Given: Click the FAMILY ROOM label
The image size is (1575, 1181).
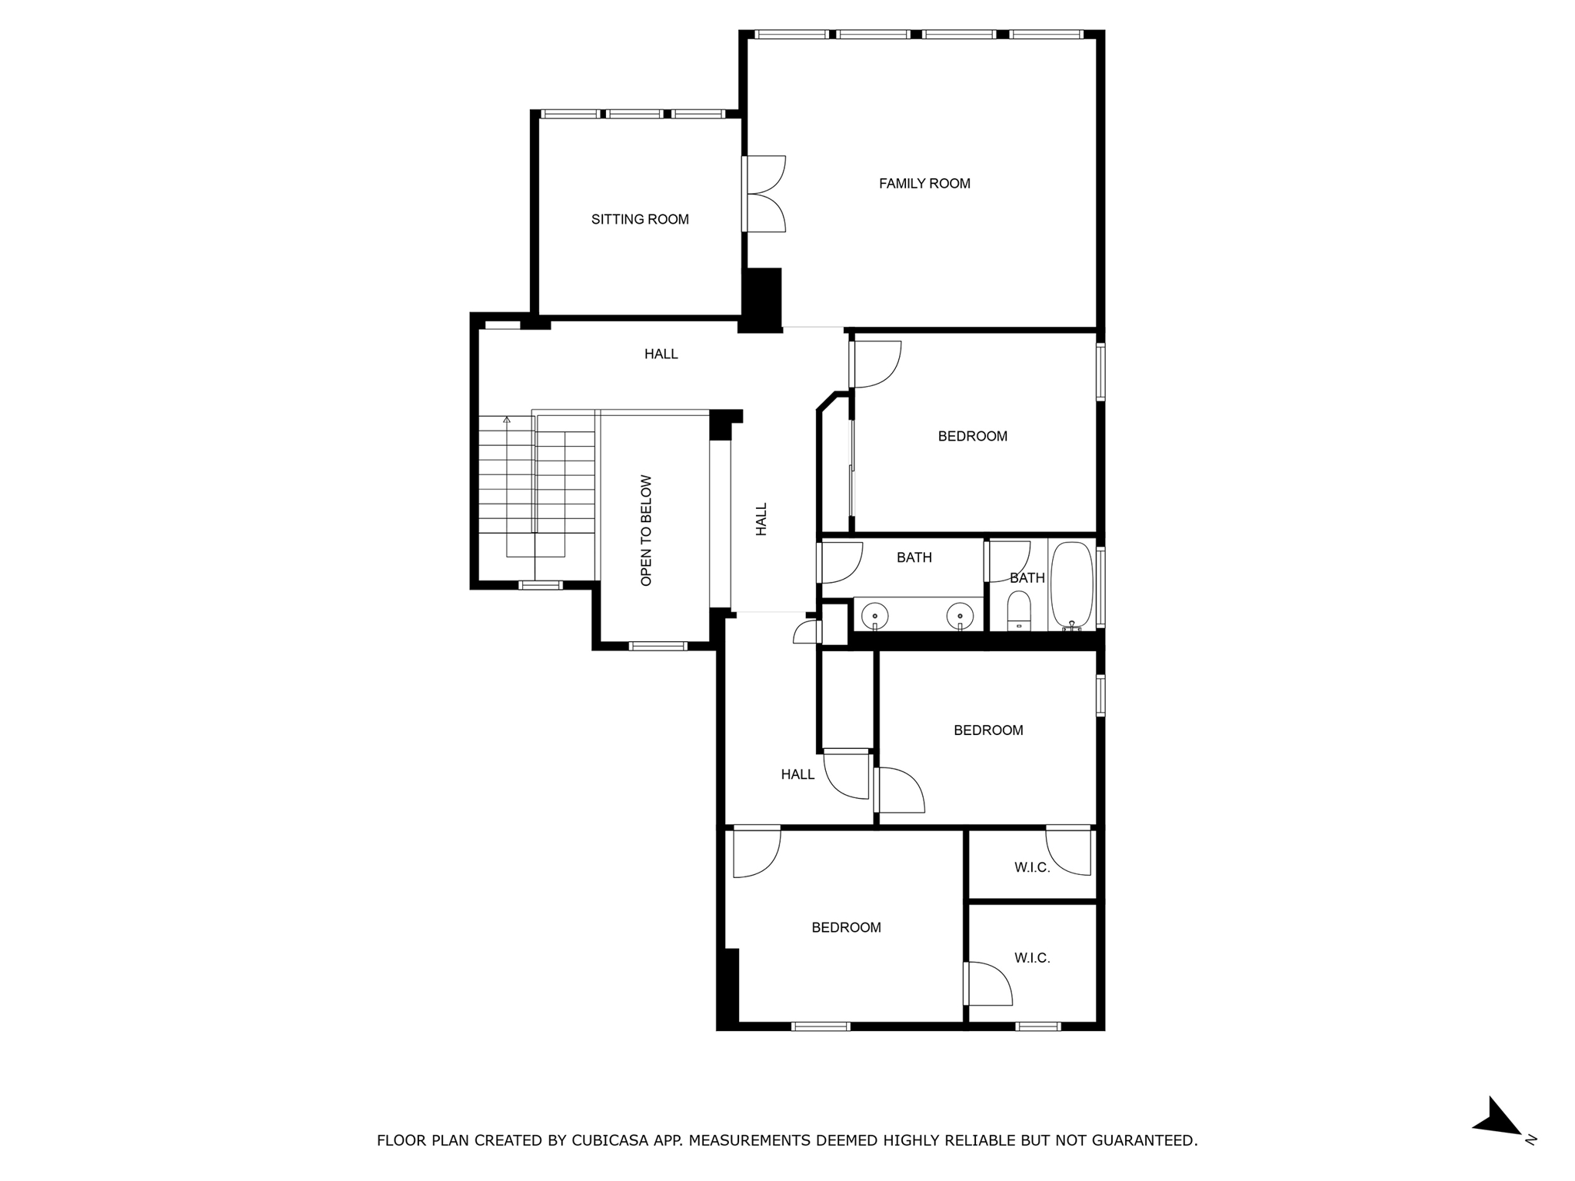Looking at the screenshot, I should click(924, 184).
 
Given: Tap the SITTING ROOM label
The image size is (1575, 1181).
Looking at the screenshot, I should click(640, 220).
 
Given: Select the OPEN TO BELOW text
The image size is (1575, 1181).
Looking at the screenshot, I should click(646, 531).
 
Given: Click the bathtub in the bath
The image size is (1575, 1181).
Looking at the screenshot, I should click(1071, 584).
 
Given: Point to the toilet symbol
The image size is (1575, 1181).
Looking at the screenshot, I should click(1018, 611).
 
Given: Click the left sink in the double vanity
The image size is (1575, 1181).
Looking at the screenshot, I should click(874, 616).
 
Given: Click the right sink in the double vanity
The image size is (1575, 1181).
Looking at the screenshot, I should click(960, 616).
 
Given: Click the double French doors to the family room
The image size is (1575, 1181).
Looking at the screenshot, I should click(764, 194).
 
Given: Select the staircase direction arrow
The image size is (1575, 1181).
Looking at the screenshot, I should click(507, 420).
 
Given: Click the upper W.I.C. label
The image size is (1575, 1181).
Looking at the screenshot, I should click(1032, 868).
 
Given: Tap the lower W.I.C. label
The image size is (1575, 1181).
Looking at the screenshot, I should click(1032, 959).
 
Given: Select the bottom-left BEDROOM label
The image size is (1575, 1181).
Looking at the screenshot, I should click(846, 928).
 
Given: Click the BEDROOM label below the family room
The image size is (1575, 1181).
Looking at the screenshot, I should click(972, 437).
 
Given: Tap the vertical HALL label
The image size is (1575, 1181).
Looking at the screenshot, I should click(761, 519).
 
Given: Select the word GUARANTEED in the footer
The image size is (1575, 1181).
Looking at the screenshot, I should click(1148, 1140).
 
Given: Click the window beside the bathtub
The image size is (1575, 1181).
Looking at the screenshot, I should click(1101, 587).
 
